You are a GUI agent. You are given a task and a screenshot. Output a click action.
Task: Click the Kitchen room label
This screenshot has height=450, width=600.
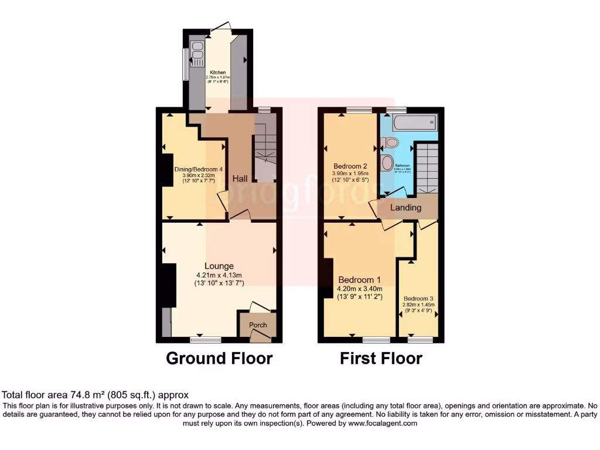coord(217,72)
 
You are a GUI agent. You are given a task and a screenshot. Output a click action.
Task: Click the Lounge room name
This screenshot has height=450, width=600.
coord(219,266)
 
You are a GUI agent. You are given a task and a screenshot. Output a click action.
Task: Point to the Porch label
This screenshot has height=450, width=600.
coord(258,325)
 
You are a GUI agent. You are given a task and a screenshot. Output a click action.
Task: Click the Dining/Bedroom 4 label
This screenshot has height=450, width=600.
coord(199,169)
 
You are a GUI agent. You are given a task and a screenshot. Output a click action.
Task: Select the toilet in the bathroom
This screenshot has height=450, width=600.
coord(389,142)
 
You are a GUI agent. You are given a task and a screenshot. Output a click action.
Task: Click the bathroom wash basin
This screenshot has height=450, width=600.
coord(387,162)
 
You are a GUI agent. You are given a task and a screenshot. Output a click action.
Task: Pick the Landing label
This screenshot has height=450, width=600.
coord(406,207)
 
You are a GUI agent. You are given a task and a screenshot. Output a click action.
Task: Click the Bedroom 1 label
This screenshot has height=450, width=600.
coord(359,279)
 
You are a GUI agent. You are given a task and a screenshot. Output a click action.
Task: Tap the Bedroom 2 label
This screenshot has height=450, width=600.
coord(350,165)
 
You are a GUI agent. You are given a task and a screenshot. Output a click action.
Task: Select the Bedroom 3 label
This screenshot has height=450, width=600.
coord(418,298)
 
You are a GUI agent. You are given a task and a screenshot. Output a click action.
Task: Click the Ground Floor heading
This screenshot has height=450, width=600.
coord(219,358)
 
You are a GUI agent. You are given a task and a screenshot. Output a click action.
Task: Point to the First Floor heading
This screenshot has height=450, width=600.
coord(381,358)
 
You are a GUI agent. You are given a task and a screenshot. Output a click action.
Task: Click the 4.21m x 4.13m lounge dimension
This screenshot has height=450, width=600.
coord(219,275)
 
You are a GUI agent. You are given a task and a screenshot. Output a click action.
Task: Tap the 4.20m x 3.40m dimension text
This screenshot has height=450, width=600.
coord(359,288)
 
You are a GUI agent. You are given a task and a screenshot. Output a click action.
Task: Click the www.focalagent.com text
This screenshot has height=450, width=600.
coord(383,423)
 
